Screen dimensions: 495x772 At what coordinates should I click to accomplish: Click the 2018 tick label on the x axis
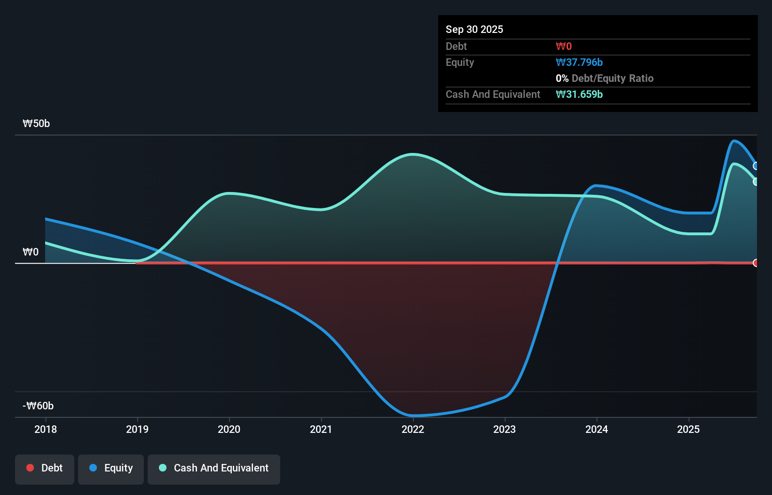coord(46,429)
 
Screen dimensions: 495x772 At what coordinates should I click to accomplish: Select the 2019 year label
coord(137,429)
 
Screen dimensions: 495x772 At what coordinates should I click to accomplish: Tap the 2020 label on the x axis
coord(229,429)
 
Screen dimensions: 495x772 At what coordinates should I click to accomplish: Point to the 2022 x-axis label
coord(413,429)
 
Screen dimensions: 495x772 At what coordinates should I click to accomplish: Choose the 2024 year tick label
coord(597,429)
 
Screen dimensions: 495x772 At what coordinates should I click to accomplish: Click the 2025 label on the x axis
coord(688,429)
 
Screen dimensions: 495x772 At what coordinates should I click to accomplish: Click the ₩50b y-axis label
coord(36,124)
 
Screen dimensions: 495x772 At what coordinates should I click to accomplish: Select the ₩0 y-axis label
coord(31,252)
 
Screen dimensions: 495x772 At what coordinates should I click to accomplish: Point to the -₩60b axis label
coord(38,406)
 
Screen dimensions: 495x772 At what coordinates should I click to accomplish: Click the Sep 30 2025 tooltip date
coord(474,29)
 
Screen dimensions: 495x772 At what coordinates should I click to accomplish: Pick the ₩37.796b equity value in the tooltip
coord(579,63)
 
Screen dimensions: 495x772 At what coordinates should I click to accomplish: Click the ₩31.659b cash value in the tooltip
coord(579,95)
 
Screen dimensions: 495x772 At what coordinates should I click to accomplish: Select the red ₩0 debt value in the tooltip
coord(564,47)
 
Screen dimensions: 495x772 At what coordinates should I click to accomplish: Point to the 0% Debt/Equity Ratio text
coord(604,79)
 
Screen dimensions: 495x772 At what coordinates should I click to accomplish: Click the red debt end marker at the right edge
coord(756,263)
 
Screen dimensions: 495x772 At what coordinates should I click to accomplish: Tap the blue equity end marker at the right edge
coord(756,166)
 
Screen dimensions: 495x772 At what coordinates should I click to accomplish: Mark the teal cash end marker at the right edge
coord(756,182)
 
